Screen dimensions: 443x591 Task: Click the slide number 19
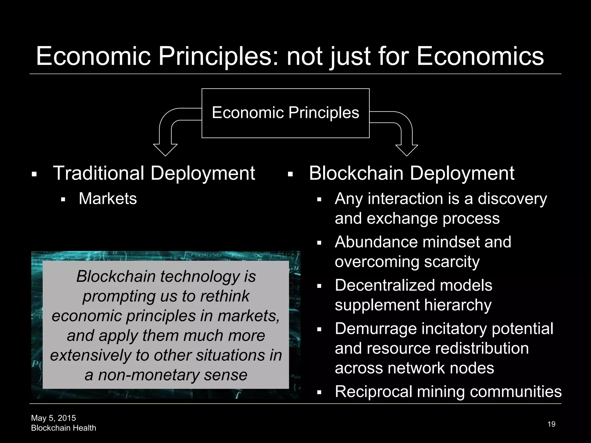tap(551, 424)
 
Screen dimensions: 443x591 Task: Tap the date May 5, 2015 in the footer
tap(53, 418)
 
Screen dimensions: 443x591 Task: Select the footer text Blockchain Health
tap(63, 428)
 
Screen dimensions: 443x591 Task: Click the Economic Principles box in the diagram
tap(285, 113)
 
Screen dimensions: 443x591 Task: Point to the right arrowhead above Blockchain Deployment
tap(407, 150)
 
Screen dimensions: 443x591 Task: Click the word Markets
tap(108, 199)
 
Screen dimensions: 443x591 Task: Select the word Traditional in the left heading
tap(98, 173)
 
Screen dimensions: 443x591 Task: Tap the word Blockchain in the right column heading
tap(356, 173)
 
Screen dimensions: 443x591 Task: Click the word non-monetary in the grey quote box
tap(148, 375)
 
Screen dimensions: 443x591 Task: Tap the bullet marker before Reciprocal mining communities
tap(319, 393)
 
